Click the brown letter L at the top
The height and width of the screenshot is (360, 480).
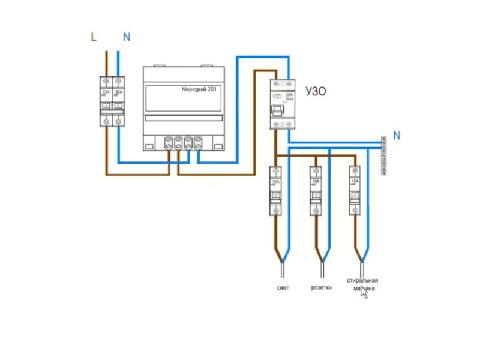tap(93, 37)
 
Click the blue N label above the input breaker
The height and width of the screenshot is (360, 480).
tap(126, 37)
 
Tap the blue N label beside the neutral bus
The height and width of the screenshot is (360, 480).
tap(397, 136)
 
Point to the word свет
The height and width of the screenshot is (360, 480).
tap(283, 289)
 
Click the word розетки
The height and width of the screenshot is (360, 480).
tap(322, 289)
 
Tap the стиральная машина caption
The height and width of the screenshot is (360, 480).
tap(362, 284)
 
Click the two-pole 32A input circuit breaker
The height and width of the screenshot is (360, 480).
tap(112, 100)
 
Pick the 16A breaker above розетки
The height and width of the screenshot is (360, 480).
tap(316, 190)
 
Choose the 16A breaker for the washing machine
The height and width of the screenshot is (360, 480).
tap(355, 190)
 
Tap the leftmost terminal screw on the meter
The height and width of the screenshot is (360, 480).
tap(169, 143)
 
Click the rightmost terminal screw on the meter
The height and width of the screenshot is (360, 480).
tap(198, 143)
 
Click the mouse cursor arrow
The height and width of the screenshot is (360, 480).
tap(363, 294)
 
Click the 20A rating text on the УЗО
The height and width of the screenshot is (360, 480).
tap(289, 95)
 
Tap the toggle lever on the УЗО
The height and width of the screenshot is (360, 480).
tap(277, 111)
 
